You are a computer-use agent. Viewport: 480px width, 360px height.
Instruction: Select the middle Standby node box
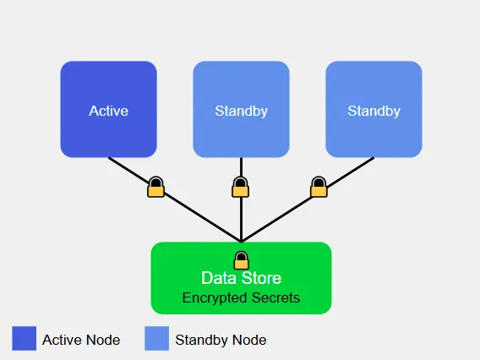[241, 85]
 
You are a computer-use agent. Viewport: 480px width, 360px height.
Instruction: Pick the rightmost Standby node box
[374, 85]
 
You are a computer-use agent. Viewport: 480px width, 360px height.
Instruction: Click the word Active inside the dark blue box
[108, 111]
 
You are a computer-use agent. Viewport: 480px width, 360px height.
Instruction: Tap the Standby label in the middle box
[241, 111]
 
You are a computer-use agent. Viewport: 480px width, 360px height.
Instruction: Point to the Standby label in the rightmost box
[374, 111]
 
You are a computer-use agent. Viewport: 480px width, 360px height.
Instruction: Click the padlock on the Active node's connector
[155, 187]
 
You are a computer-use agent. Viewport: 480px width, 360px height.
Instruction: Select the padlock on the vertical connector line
[241, 187]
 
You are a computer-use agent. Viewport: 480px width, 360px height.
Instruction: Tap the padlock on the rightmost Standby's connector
[319, 187]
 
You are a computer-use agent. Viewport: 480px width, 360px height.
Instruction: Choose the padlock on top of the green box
[241, 259]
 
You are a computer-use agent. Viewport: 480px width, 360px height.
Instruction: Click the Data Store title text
[241, 278]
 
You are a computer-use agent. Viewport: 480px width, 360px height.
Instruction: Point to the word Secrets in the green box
[276, 297]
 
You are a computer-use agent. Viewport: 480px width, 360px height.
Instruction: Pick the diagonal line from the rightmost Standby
[279, 215]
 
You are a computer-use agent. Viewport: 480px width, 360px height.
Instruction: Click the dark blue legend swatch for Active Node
[25, 339]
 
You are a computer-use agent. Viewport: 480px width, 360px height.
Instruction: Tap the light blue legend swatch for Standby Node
[157, 339]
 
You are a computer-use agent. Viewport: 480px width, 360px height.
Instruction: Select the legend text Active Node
[81, 340]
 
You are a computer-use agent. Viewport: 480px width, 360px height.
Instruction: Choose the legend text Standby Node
[221, 340]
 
